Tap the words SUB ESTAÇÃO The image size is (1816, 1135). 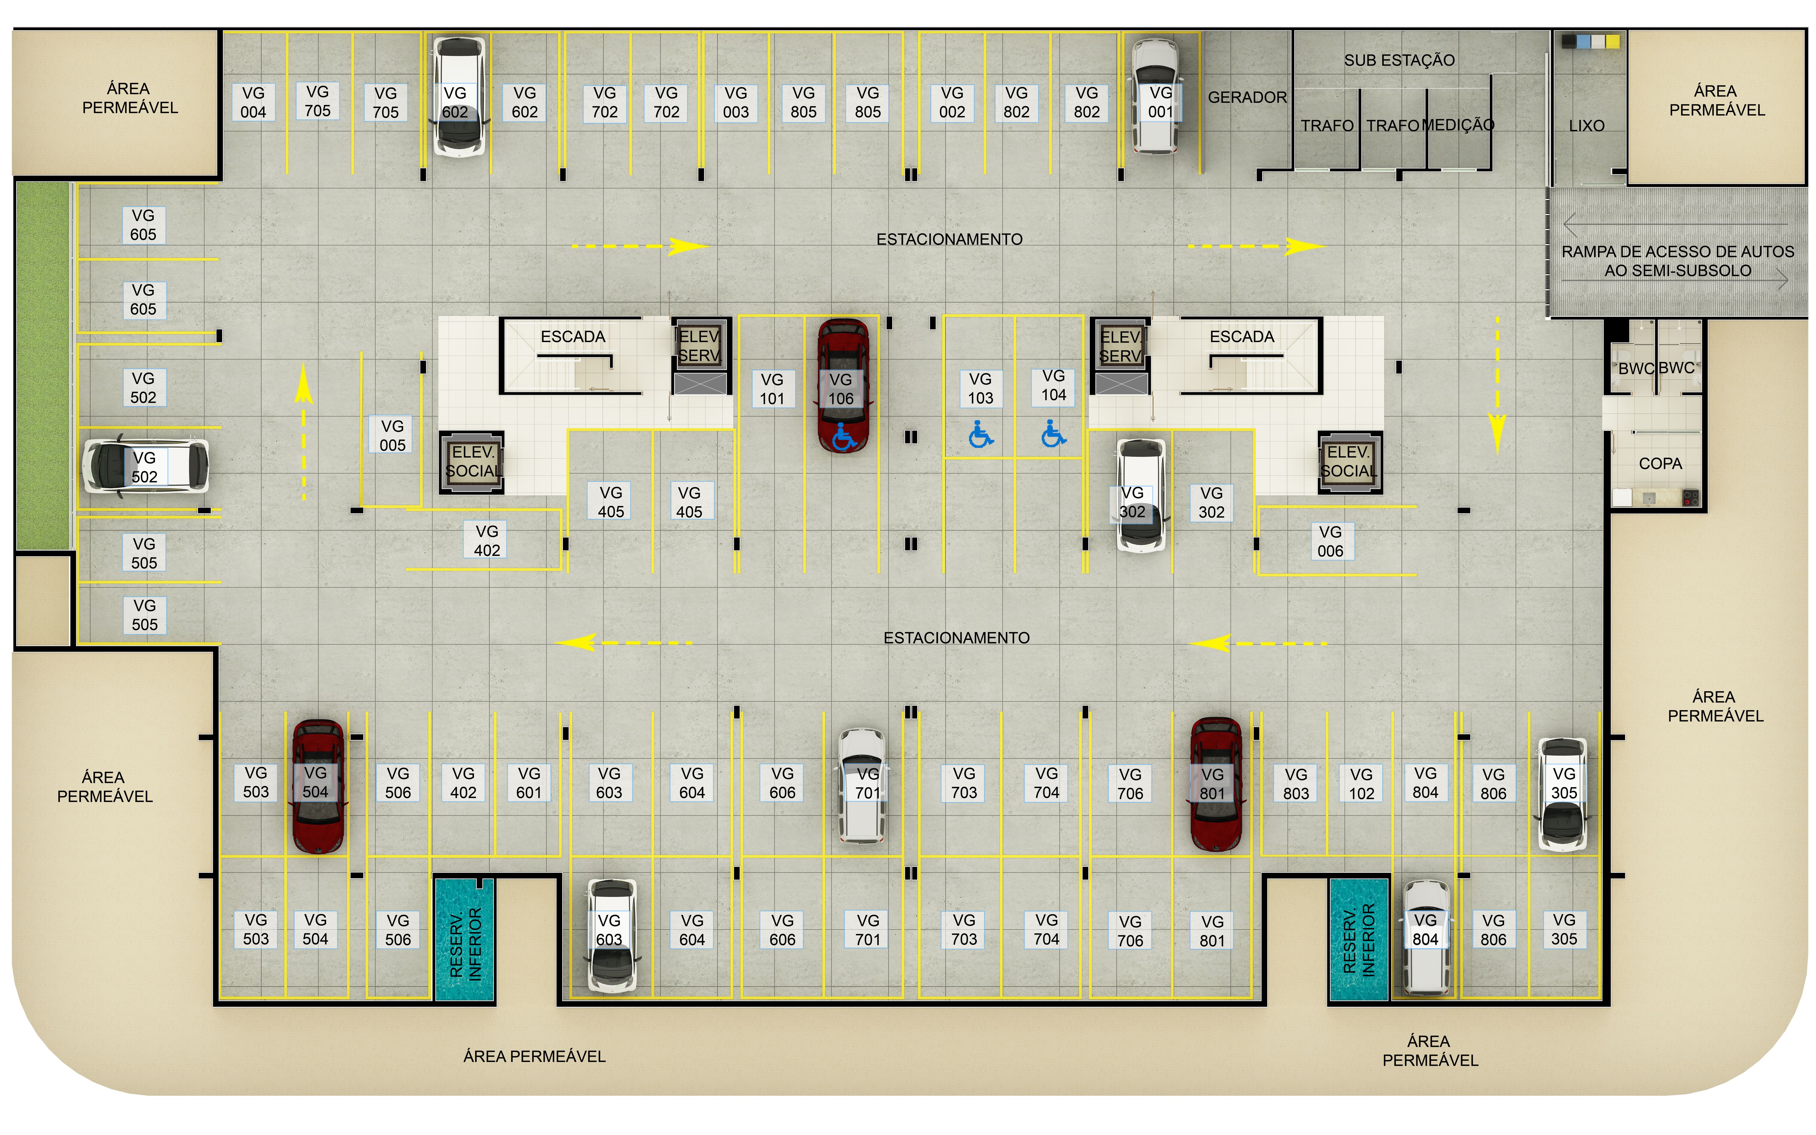[1399, 60]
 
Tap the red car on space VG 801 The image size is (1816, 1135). [1216, 785]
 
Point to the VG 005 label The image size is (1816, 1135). [392, 435]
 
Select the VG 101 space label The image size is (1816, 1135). [771, 389]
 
